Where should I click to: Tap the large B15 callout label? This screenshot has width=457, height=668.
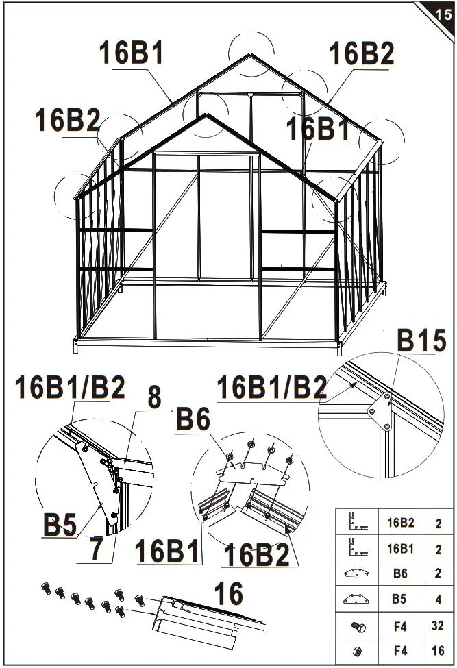click(421, 341)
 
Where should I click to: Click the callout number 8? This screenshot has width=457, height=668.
click(155, 398)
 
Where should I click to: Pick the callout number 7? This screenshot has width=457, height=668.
click(97, 550)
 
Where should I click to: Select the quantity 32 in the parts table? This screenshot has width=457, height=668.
click(438, 626)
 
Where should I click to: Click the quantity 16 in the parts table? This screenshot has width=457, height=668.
click(438, 650)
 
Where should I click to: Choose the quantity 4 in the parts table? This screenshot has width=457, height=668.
click(438, 599)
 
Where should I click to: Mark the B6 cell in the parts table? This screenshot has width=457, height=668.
click(400, 574)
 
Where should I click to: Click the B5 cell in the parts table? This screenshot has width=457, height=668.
click(400, 599)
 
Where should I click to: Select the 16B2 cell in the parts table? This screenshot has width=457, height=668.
click(400, 523)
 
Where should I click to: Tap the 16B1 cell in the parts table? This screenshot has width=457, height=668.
click(400, 549)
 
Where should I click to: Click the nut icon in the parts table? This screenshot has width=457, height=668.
click(358, 650)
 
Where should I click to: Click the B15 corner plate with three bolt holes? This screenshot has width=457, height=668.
click(379, 412)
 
